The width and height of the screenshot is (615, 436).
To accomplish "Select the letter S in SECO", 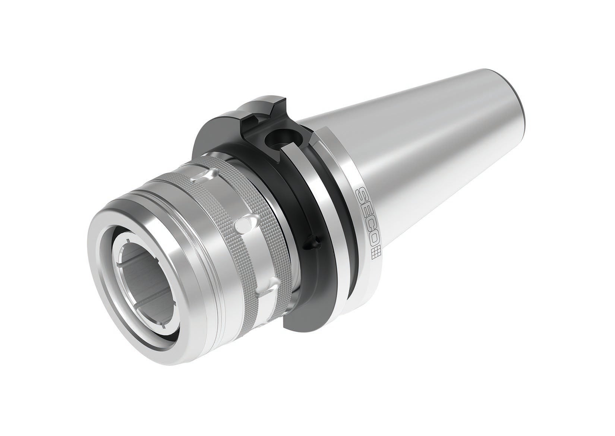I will point(362,194).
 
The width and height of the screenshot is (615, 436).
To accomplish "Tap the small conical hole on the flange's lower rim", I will point(309,244).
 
